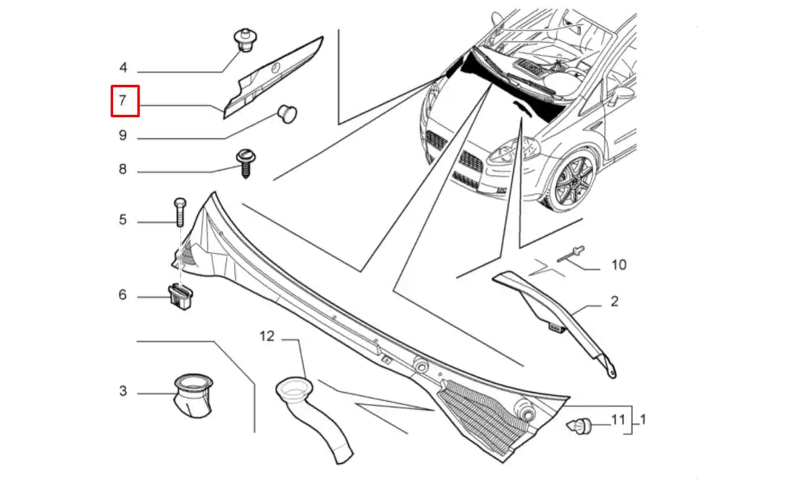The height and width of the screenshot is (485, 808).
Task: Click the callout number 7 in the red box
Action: (x=123, y=101)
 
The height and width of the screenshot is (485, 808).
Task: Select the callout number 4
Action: (x=123, y=67)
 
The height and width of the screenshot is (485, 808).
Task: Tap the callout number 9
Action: (x=123, y=135)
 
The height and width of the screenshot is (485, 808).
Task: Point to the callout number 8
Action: (x=123, y=170)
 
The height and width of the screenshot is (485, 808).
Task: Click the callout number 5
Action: (x=123, y=219)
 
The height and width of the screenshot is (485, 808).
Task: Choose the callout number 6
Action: (x=123, y=295)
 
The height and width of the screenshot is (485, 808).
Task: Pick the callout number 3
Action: (x=123, y=391)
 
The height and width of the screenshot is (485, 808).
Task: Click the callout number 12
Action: (x=267, y=335)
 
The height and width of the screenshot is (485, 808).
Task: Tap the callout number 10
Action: (x=619, y=264)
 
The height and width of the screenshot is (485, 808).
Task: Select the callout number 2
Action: (x=614, y=302)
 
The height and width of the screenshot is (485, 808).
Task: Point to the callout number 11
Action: (x=618, y=420)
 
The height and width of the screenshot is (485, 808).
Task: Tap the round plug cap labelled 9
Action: (x=286, y=112)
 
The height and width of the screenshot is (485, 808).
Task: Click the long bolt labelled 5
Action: (x=179, y=212)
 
